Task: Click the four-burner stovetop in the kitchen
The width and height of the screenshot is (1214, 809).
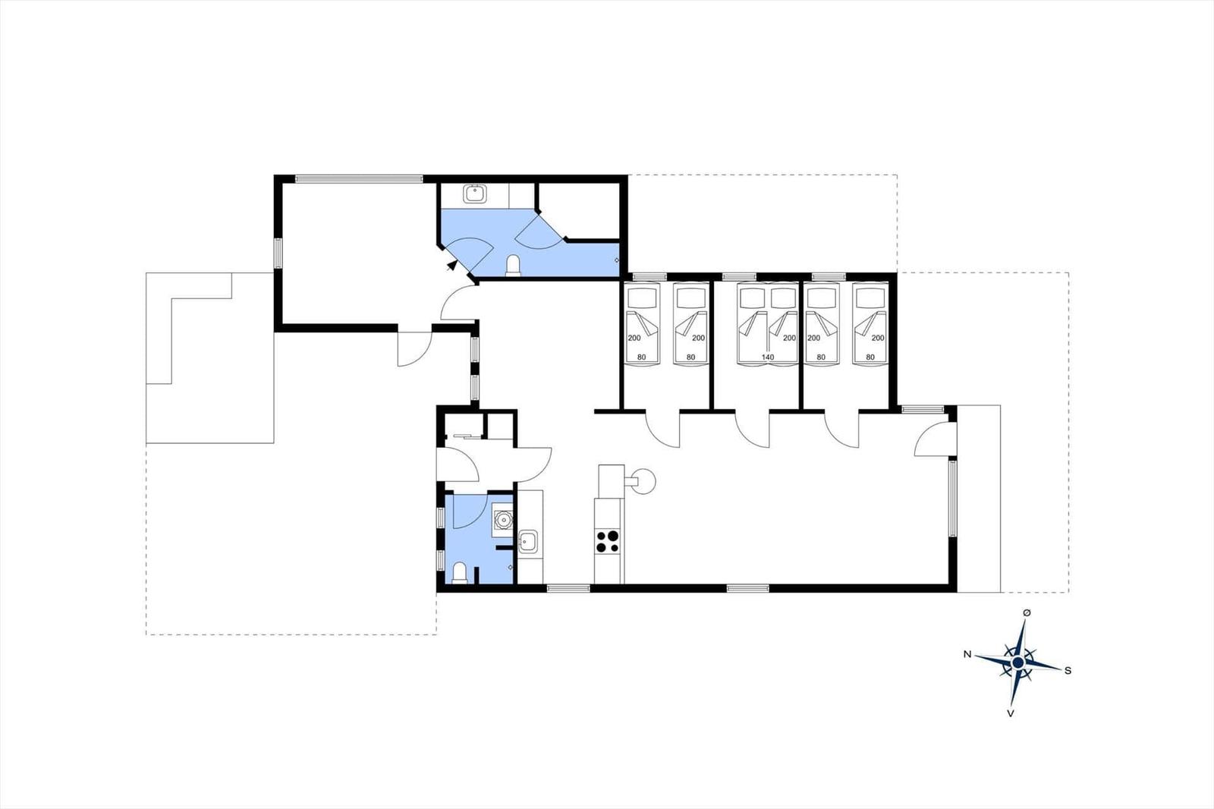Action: [x=607, y=541]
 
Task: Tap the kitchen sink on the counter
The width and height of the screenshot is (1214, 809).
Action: [x=528, y=541]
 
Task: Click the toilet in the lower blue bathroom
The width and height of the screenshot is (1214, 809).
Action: [x=460, y=573]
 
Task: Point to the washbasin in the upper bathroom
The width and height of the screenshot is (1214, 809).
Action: [x=475, y=194]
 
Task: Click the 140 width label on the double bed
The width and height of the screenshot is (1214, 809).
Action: [x=767, y=357]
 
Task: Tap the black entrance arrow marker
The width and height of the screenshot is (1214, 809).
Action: [x=451, y=265]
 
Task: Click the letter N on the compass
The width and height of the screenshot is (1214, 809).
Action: [x=967, y=654]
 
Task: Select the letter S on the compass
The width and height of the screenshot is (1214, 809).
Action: [x=1068, y=671]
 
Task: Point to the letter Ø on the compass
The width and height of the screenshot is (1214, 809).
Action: [x=1027, y=612]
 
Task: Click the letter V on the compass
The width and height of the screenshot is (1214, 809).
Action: [x=1010, y=713]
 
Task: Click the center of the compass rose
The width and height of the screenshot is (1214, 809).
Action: [x=1017, y=663]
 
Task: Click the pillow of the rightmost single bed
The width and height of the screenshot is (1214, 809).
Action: [x=869, y=297]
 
